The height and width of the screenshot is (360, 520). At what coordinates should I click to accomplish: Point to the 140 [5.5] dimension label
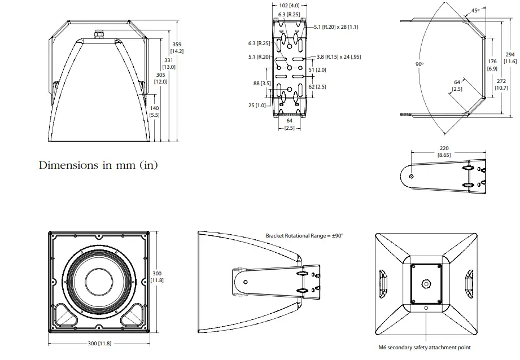(x=154, y=111)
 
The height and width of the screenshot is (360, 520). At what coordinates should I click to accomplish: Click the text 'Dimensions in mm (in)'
(x=98, y=165)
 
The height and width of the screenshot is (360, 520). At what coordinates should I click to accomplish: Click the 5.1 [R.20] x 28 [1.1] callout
(x=337, y=27)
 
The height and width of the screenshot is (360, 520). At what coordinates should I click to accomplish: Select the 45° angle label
(x=475, y=10)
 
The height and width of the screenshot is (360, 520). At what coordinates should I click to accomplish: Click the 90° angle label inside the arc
(x=420, y=64)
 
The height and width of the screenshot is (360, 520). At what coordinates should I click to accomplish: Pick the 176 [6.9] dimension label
(x=492, y=64)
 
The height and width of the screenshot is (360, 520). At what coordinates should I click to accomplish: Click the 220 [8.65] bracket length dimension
(x=444, y=151)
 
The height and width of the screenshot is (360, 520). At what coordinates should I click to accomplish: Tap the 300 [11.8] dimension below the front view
(x=98, y=343)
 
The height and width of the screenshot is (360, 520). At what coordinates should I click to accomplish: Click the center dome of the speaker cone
(x=99, y=281)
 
